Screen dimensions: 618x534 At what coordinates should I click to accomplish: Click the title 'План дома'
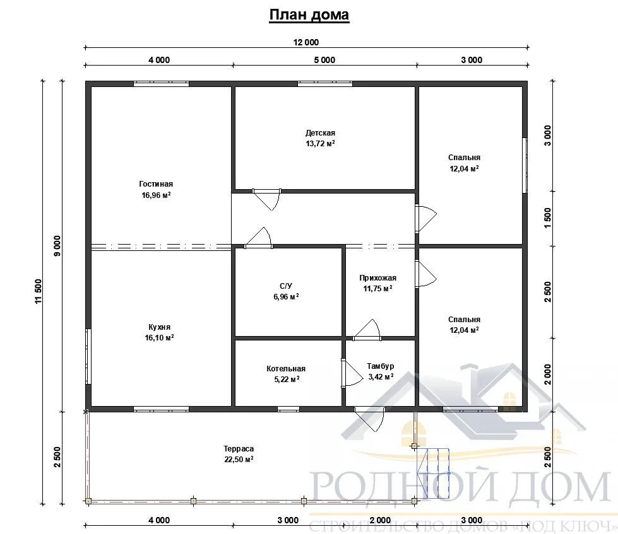tap(309, 15)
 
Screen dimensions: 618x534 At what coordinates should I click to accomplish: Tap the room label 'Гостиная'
tap(156, 183)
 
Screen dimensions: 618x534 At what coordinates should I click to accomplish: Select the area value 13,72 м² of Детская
tap(320, 144)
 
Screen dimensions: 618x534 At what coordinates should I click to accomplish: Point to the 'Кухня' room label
tap(159, 327)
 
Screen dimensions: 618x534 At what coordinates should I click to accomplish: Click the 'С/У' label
tap(286, 286)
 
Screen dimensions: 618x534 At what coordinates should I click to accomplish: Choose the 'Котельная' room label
tap(286, 369)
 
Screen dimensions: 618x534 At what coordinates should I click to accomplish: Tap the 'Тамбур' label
tap(381, 366)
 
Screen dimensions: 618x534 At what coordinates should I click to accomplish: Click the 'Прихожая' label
tap(377, 278)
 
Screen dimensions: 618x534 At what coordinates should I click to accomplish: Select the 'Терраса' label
tap(239, 449)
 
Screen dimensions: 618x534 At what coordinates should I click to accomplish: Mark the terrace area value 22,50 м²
tap(239, 459)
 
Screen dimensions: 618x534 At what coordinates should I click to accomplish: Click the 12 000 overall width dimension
tap(306, 42)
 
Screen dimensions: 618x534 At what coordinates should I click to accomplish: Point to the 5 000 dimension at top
tap(324, 60)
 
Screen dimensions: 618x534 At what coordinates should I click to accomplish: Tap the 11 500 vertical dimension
tap(38, 291)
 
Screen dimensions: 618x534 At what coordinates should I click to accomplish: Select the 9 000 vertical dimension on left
tap(57, 246)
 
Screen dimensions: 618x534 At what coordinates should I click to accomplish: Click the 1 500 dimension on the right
tap(548, 218)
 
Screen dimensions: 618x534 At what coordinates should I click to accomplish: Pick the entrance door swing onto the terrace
tap(370, 421)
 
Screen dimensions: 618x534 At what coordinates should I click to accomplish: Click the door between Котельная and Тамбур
tap(352, 373)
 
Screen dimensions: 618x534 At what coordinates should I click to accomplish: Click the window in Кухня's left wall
tap(88, 356)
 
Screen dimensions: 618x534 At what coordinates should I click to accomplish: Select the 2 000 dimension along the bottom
tap(381, 520)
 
